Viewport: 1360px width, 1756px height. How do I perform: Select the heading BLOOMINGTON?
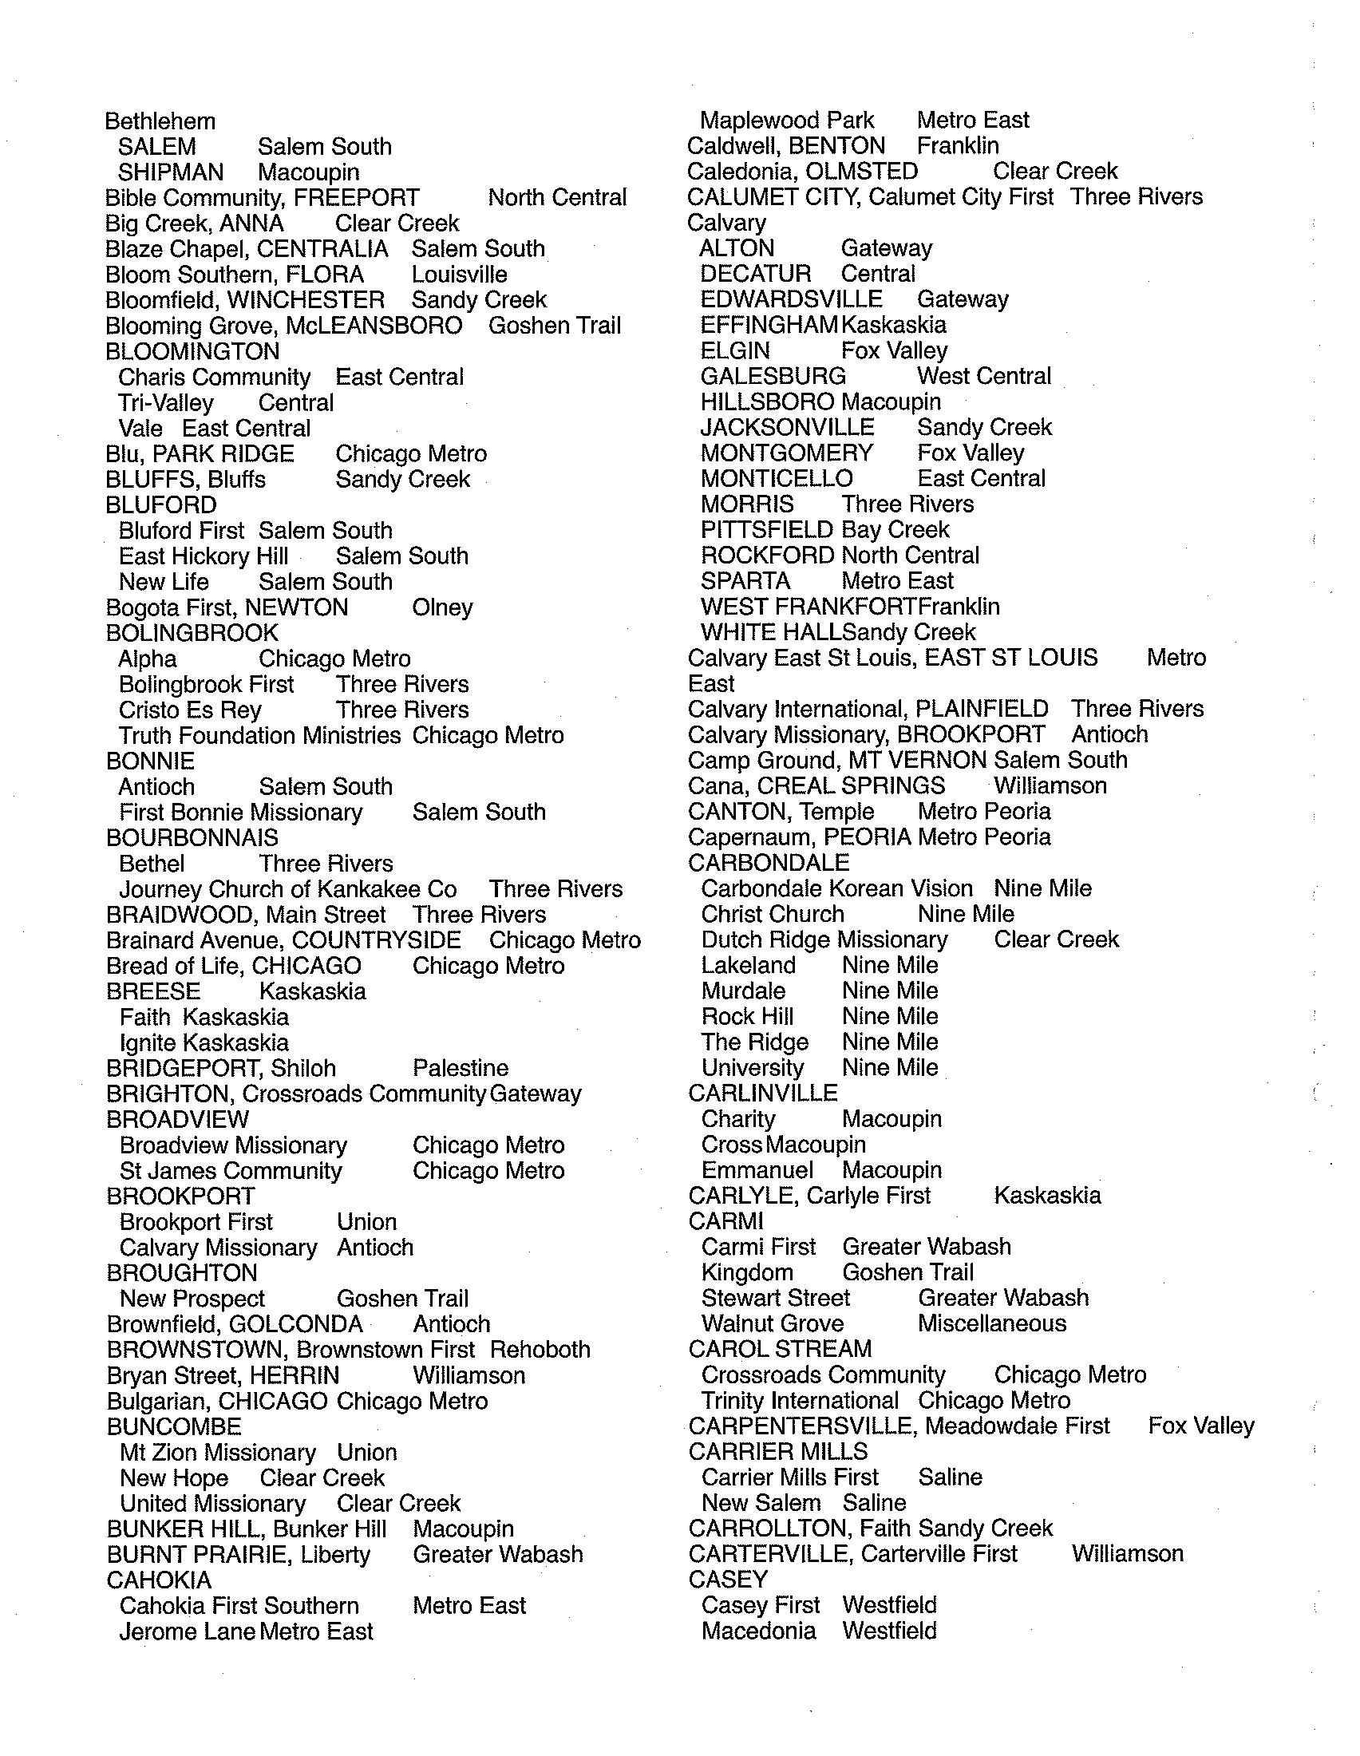[193, 351]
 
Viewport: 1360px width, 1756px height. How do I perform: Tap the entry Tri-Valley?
[166, 403]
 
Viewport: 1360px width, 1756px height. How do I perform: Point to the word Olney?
[442, 607]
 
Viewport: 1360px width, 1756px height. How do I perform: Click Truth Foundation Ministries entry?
[259, 735]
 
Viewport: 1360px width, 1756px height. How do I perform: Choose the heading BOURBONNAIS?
[192, 838]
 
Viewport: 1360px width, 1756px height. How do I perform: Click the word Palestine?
[461, 1068]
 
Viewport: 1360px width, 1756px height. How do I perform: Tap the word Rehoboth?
[540, 1349]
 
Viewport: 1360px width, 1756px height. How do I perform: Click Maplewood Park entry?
[787, 121]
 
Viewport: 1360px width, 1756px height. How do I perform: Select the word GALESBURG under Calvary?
[773, 376]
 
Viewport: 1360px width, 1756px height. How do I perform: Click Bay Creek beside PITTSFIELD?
[895, 530]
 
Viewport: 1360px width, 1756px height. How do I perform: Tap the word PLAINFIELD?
[982, 709]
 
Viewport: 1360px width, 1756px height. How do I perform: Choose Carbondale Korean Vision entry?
[836, 888]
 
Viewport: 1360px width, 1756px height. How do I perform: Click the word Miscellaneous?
[992, 1323]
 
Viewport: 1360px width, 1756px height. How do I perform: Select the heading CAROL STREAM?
[781, 1349]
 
